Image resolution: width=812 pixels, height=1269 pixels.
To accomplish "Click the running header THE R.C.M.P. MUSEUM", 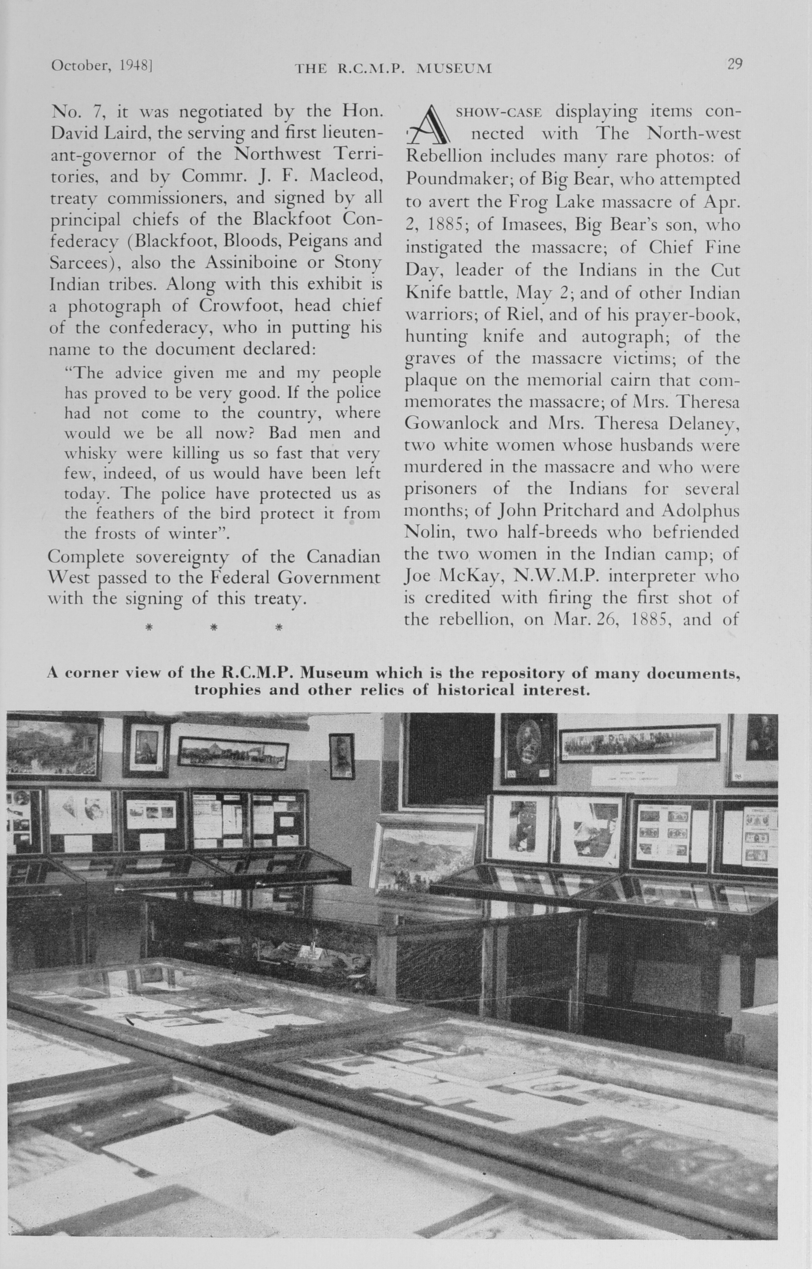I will pyautogui.click(x=393, y=68).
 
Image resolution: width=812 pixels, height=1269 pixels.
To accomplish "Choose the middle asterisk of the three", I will pyautogui.click(x=214, y=627).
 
